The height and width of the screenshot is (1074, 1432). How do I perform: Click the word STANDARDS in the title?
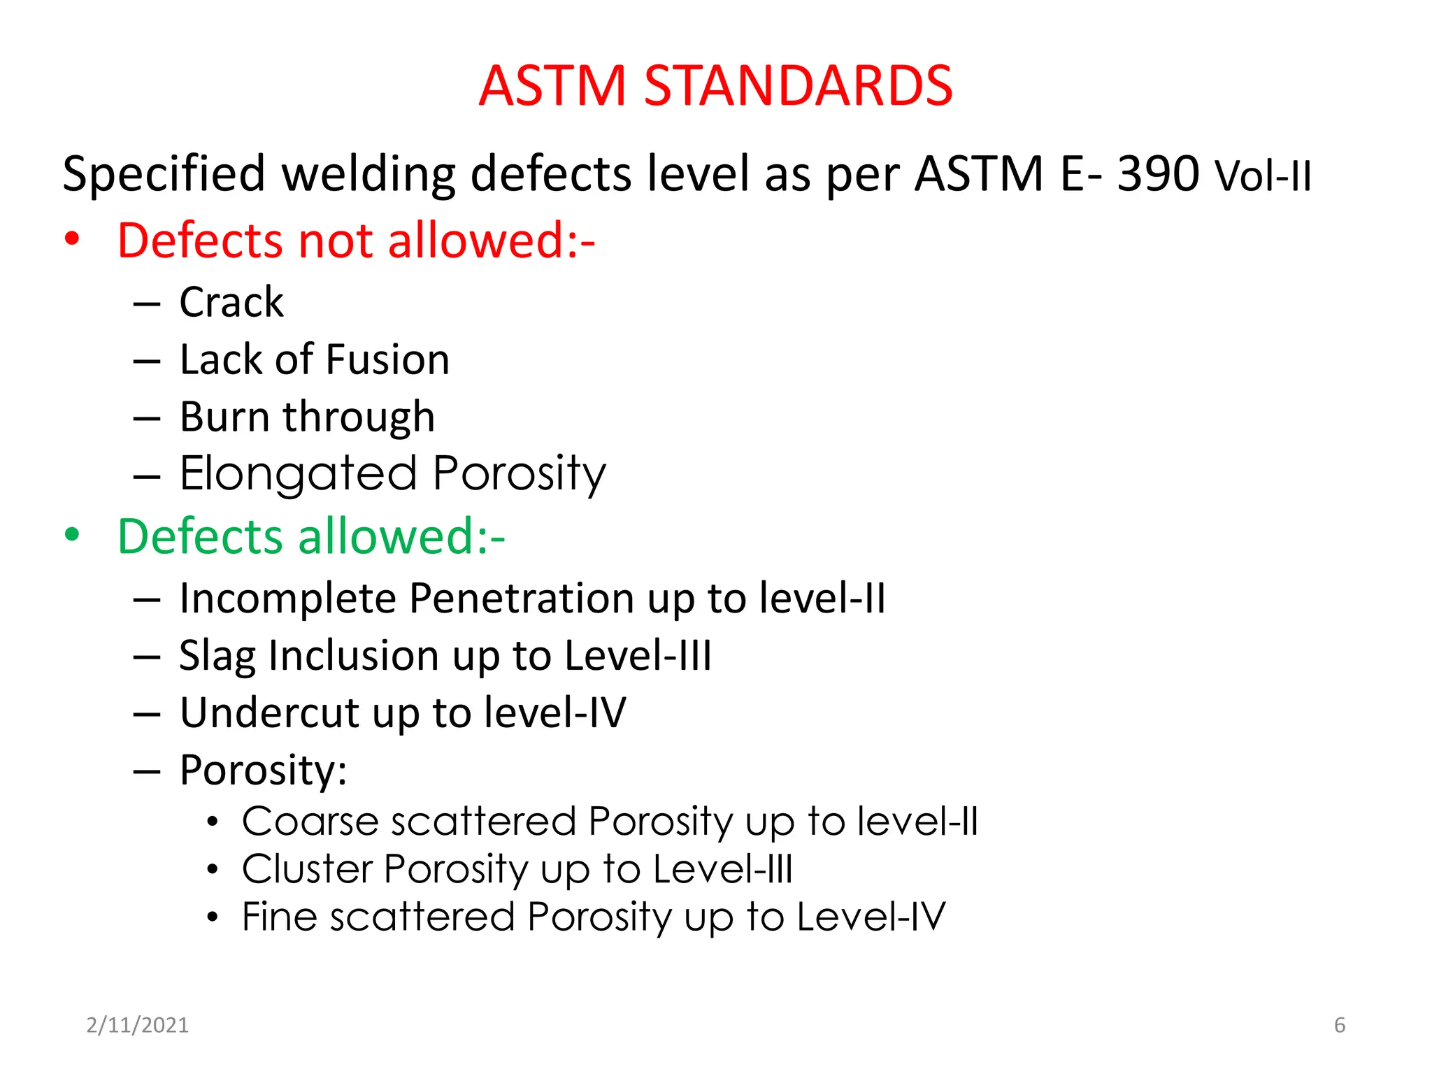click(x=798, y=85)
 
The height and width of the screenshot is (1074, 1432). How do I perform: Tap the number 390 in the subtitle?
click(x=1158, y=173)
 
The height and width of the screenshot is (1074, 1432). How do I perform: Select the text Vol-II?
click(x=1263, y=176)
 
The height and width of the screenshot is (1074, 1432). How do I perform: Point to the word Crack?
click(x=231, y=302)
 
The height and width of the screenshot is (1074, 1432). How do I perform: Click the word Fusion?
click(x=387, y=359)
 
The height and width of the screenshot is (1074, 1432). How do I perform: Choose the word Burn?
click(x=224, y=417)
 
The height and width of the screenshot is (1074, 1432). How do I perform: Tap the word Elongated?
click(x=299, y=474)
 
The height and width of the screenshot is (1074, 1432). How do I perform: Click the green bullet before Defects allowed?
click(x=72, y=535)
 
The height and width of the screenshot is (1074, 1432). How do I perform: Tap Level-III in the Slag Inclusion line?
click(x=638, y=656)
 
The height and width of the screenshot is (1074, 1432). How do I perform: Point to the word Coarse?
click(x=310, y=821)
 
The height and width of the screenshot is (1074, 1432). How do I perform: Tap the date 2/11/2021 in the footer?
click(x=138, y=1025)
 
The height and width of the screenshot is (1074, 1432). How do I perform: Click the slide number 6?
click(x=1340, y=1025)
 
